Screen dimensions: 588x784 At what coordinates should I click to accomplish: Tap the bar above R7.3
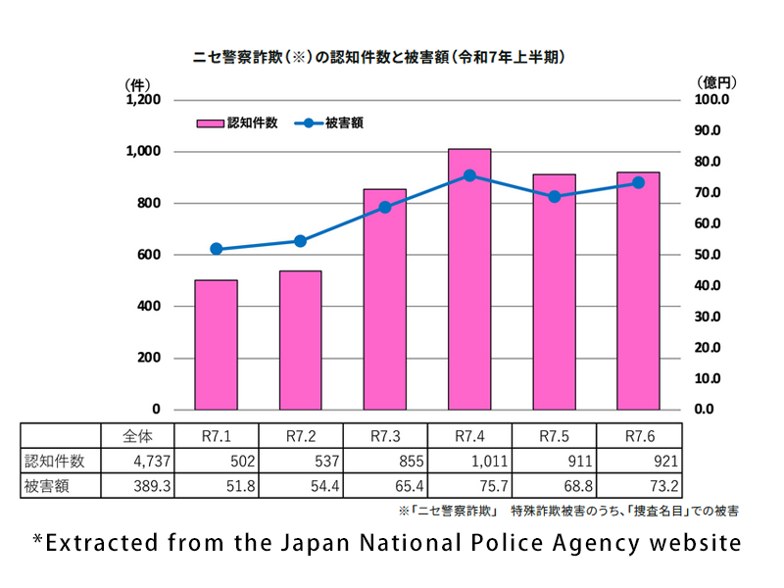pos(384,299)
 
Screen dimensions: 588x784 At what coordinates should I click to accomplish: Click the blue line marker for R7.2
pos(300,241)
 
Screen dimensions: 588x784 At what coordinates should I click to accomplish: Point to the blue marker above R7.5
pos(554,197)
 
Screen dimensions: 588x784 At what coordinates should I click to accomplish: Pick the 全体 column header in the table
pos(138,435)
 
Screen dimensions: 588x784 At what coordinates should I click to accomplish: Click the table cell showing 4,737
pos(138,461)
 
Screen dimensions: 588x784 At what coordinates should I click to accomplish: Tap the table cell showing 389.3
pos(138,485)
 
